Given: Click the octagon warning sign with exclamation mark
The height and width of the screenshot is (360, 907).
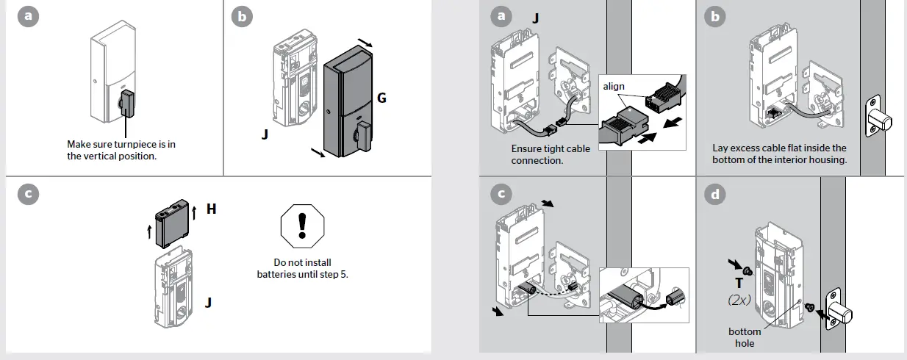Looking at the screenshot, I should (x=302, y=226).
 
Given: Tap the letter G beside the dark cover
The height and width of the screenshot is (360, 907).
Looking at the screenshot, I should (x=381, y=98).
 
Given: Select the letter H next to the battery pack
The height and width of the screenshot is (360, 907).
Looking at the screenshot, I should (x=212, y=209).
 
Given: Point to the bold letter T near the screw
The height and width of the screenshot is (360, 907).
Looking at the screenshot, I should (x=740, y=283).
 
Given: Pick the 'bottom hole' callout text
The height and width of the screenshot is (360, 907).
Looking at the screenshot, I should (x=745, y=337).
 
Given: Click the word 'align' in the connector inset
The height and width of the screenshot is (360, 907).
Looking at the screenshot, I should (x=614, y=87).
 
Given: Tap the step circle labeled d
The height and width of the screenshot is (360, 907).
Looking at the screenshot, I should (x=714, y=194).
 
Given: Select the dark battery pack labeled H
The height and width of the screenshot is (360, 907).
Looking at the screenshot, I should (x=172, y=224).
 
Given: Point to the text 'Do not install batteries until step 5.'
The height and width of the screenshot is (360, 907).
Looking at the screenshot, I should (x=302, y=268).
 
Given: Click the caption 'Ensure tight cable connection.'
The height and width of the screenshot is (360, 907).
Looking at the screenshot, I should (x=551, y=154).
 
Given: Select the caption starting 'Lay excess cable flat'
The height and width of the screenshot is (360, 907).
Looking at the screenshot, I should (x=779, y=154).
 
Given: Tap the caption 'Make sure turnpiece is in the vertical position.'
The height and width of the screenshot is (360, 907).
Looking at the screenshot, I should (x=121, y=151).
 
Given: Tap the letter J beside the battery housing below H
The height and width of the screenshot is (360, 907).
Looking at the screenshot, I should (x=208, y=301).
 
